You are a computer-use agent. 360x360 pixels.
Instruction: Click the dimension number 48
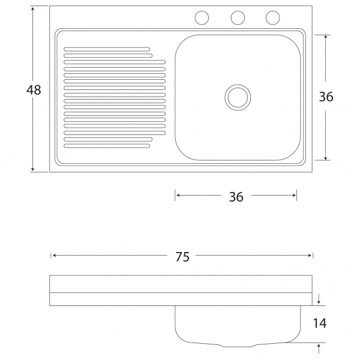[34, 90]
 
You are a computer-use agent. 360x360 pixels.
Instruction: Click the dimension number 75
[182, 257]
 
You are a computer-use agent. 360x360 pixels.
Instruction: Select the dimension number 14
[320, 323]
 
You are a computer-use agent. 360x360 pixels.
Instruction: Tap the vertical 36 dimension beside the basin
[326, 97]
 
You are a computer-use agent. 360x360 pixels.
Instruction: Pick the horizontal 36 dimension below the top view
[236, 197]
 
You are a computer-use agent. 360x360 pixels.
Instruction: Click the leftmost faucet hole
[202, 17]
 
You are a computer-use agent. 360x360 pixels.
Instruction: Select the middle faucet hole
[238, 17]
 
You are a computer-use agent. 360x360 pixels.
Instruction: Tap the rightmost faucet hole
[273, 17]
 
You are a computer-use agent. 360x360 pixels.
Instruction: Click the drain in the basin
[238, 97]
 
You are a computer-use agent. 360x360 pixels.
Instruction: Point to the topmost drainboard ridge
[107, 49]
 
